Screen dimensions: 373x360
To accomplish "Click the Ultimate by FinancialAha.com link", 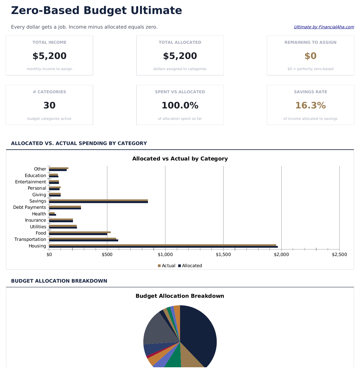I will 324,27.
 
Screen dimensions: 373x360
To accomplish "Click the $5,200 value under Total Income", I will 50,56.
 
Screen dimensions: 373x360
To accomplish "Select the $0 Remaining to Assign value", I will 310,56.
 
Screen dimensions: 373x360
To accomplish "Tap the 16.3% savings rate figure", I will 310,105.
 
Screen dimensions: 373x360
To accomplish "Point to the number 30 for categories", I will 50,105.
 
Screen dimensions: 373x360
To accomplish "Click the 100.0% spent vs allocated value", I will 180,105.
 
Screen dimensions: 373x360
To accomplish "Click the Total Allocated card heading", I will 180,42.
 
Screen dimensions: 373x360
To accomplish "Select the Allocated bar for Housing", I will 163,247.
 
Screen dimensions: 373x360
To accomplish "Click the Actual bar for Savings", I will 98,200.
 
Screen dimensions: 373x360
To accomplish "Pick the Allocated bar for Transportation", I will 84,241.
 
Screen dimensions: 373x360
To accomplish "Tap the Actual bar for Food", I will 80,232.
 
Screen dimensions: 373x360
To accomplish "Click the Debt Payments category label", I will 29,207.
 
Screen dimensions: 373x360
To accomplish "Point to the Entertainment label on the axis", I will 30,182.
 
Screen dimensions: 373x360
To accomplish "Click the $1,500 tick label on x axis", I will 223,255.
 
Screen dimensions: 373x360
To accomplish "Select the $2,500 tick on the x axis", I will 339,255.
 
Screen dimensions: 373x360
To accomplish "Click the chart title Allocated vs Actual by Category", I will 180,159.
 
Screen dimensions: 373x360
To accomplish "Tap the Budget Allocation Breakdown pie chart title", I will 180,296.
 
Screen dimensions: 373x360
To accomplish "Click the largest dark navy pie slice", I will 200,335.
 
